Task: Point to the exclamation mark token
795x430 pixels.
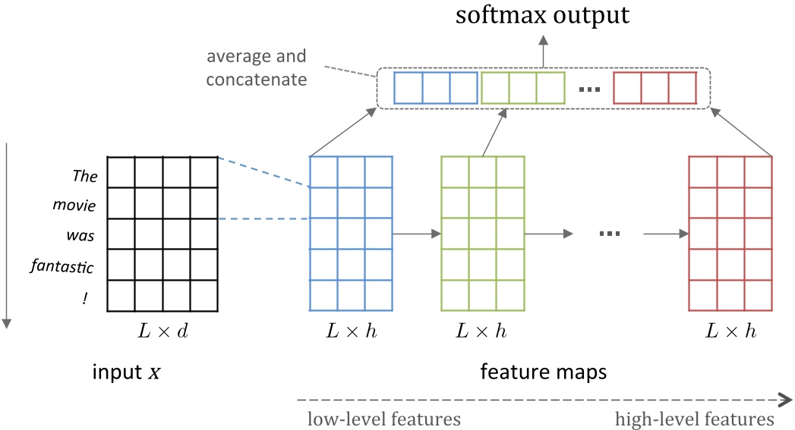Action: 86,299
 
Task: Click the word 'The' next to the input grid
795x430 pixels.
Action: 85,177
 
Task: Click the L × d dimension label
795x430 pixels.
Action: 162,331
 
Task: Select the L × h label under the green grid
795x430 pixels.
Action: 481,331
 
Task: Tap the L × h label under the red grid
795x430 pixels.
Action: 730,331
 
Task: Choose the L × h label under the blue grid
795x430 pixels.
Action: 351,331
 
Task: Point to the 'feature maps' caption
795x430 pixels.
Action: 544,373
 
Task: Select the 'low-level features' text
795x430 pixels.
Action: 383,419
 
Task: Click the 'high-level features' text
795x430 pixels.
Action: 694,419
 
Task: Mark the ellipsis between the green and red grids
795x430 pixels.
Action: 610,234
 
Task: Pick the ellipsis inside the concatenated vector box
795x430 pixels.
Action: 588,89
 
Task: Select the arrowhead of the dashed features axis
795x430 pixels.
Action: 786,397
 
